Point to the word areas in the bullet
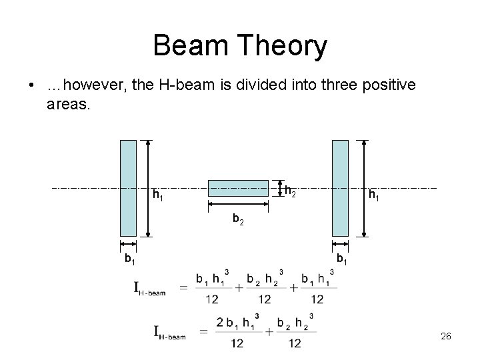coord(67,104)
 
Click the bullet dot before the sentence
coord(31,87)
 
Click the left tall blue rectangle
coord(127,188)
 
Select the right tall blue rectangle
coord(340,188)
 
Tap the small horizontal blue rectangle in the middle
coord(238,188)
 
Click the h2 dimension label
coord(289,191)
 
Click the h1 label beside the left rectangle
coord(158,196)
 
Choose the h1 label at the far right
coord(375,195)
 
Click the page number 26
coord(446,337)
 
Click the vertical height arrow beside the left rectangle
coord(148,188)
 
